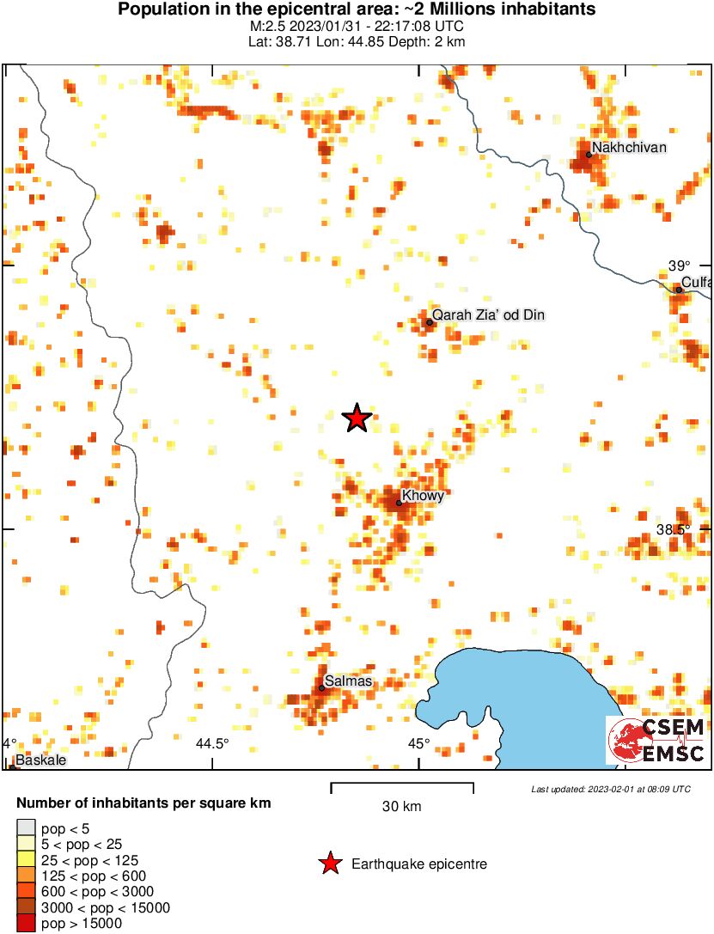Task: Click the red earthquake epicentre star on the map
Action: [357, 418]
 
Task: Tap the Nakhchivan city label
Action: [629, 148]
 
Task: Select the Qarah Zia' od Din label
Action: [488, 315]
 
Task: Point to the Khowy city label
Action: [423, 495]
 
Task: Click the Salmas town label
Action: [348, 681]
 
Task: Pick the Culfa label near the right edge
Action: [696, 283]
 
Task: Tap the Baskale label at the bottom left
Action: [40, 760]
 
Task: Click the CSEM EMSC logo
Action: [656, 741]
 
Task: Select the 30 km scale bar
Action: [402, 785]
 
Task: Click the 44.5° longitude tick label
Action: [213, 744]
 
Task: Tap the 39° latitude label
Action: [680, 266]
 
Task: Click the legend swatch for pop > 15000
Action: [26, 924]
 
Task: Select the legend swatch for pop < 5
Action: [26, 827]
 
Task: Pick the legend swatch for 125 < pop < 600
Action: [26, 876]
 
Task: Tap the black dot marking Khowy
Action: [399, 503]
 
